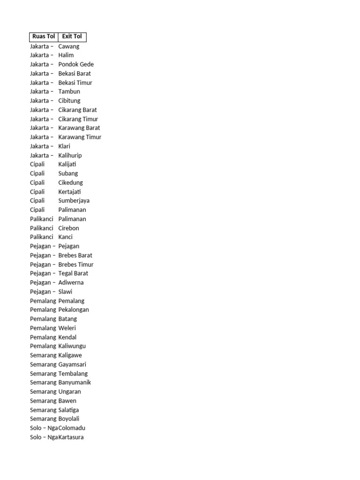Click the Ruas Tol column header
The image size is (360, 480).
pos(44,37)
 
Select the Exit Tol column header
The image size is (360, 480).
pos(72,37)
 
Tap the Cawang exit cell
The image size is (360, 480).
pos(69,46)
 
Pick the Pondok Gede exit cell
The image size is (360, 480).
pos(76,64)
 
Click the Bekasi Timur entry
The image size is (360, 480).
pos(75,82)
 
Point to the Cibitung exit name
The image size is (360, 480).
pos(69,101)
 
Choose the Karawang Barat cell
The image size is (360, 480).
pos(79,128)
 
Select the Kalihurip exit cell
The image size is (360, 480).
pos(70,155)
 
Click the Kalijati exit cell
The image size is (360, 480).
pos(67,164)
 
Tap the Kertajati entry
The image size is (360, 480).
pos(69,192)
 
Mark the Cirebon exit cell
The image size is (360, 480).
pos(68,228)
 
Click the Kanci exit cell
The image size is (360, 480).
pos(65,237)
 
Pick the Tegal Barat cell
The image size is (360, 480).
pos(73,273)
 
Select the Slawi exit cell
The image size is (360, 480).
pos(65,292)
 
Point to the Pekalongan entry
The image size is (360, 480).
pos(74,310)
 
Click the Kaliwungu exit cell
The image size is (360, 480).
pos(72,346)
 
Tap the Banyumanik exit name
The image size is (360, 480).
pos(75,382)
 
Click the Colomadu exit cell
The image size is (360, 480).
pos(72,428)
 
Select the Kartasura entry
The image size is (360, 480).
pos(71,437)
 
